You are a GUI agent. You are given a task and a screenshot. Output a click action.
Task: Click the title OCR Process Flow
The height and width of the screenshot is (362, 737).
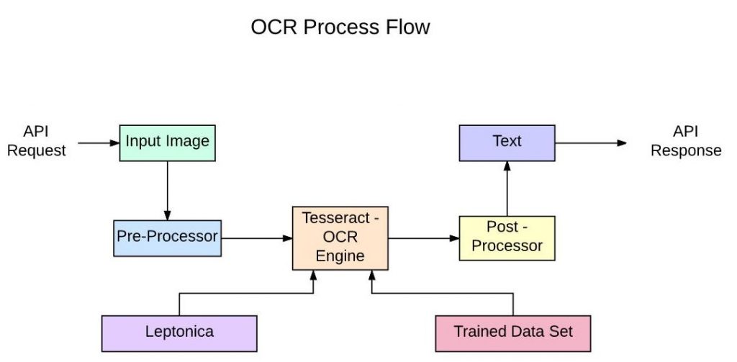pos(340,27)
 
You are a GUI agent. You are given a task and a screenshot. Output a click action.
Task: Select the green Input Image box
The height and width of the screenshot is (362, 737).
pos(167,142)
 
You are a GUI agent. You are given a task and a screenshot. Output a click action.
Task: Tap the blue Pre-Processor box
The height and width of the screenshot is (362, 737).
pos(167,236)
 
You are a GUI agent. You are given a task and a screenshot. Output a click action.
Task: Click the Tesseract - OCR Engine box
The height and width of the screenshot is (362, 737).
pos(340,238)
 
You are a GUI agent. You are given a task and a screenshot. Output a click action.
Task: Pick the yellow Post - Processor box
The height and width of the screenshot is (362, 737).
pos(507,237)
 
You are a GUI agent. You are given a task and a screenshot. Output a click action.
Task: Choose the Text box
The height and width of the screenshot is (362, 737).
pos(507,142)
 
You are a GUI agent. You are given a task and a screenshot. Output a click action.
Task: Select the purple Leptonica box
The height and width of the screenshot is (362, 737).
pos(178,332)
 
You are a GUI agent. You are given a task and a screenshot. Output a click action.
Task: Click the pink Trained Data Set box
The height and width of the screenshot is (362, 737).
pos(513,332)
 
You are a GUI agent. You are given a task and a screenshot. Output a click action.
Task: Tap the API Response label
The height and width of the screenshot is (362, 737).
pos(686,142)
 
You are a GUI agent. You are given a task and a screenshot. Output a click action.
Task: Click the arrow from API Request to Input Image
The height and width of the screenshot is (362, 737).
pos(98,142)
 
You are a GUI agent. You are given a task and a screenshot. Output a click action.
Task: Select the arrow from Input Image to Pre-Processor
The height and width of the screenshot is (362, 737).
pos(168,189)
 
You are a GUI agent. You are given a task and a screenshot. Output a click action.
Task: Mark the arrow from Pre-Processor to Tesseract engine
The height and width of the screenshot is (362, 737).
pos(256,237)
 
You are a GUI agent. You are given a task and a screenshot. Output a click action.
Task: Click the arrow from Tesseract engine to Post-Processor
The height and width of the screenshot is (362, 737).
pos(423,237)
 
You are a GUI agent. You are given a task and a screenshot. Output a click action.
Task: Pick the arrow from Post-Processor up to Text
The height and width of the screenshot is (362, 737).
pos(507,188)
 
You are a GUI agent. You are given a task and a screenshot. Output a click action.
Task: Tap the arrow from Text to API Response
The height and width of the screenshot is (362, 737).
pos(590,142)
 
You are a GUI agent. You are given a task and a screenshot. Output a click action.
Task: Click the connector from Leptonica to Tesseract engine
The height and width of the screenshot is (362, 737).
pos(245,293)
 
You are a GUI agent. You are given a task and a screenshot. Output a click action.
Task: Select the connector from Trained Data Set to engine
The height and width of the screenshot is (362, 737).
pos(443,293)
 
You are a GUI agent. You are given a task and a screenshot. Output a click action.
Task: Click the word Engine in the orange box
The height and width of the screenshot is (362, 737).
pos(340,256)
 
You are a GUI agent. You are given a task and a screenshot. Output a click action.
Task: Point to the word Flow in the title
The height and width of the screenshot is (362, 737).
pos(410,27)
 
